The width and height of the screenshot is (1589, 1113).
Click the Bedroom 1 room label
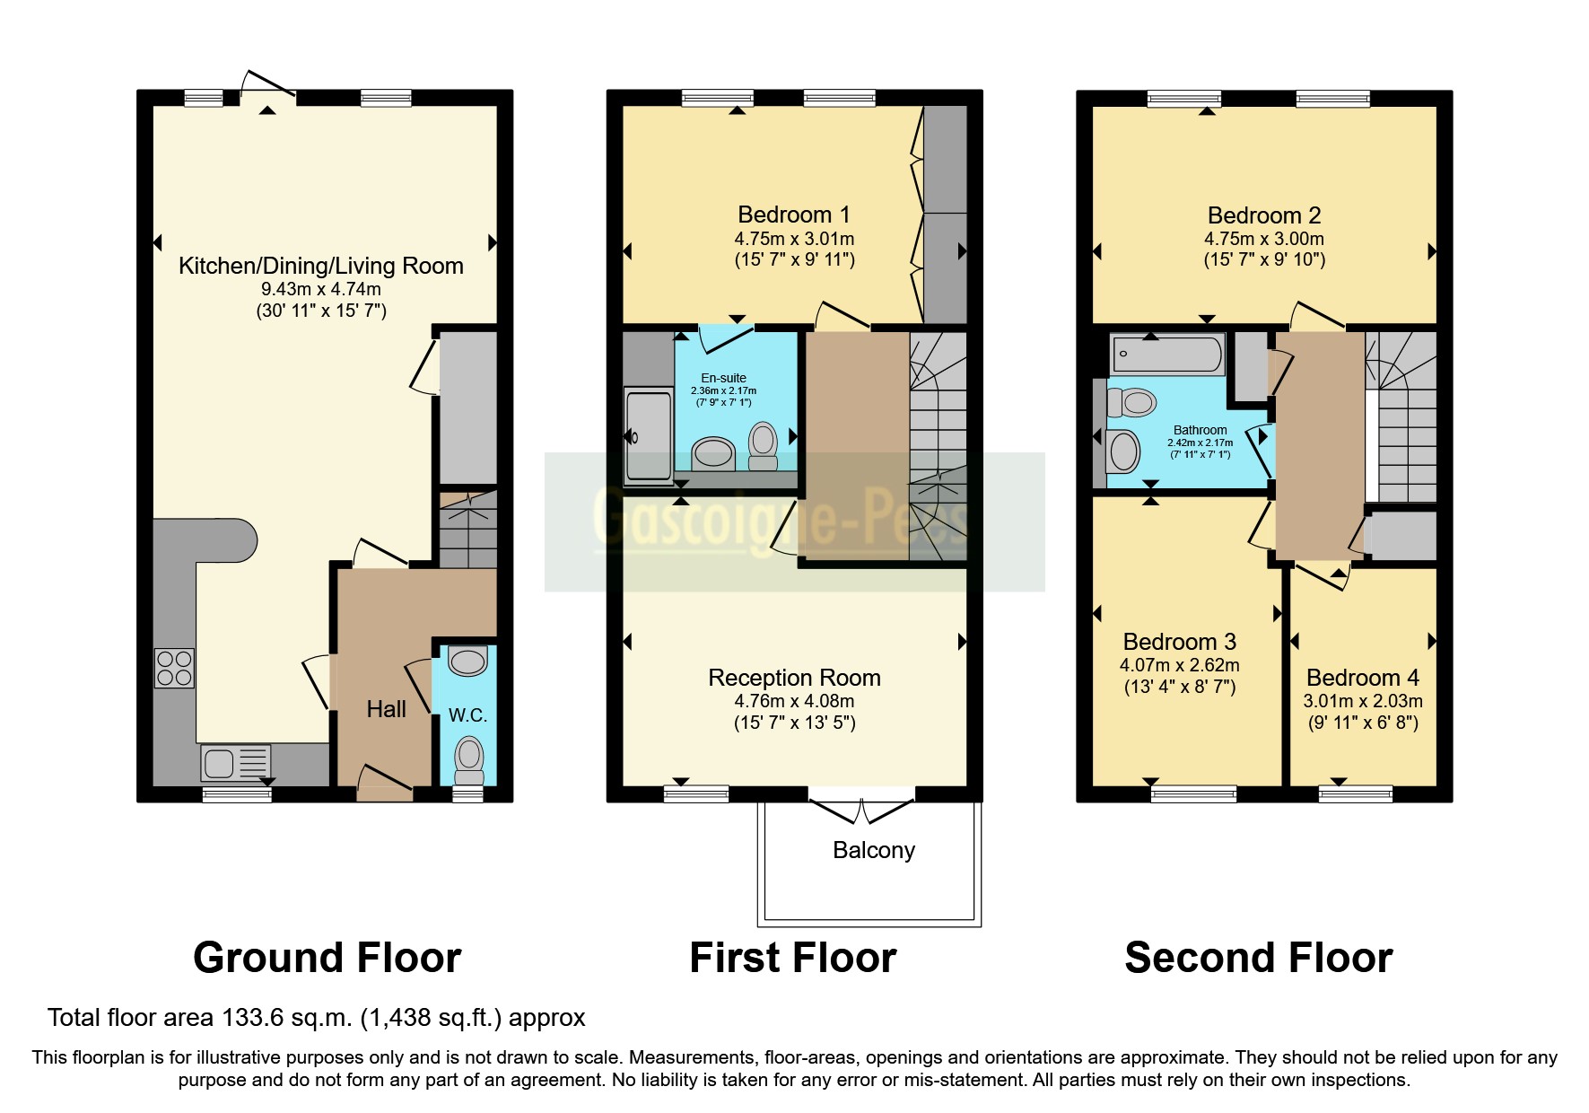[793, 215]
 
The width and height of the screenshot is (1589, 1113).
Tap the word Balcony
[873, 850]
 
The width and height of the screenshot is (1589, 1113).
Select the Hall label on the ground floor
[386, 709]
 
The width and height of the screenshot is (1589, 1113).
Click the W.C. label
[467, 715]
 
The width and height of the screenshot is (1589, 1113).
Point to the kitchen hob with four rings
[174, 668]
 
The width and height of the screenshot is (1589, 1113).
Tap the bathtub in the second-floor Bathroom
[1167, 355]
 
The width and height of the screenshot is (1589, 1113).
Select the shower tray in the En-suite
[647, 436]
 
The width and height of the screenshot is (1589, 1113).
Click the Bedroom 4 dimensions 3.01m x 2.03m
[1362, 701]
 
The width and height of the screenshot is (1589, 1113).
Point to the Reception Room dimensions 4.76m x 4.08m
[793, 701]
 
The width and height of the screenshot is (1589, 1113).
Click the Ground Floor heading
[327, 958]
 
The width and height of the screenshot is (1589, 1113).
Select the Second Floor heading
[1258, 958]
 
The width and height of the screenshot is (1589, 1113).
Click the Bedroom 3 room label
[1179, 642]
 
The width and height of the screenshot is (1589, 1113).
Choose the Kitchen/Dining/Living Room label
[320, 266]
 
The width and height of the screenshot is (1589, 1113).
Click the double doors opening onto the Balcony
[861, 809]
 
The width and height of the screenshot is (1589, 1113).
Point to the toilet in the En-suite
[763, 445]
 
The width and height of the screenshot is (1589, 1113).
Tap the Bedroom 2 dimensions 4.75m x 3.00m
[1263, 239]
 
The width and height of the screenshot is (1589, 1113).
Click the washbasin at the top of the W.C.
[467, 662]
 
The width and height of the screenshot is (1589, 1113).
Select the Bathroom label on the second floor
[1200, 430]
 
